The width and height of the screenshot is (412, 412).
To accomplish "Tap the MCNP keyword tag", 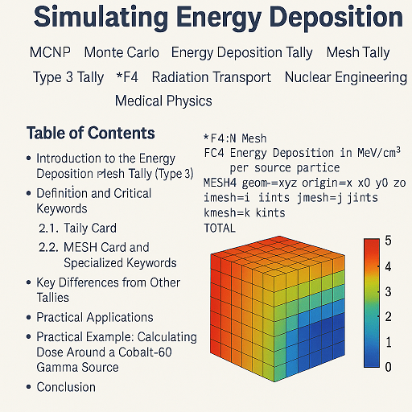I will pyautogui.click(x=50, y=53).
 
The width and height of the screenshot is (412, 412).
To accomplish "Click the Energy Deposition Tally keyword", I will pyautogui.click(x=241, y=53).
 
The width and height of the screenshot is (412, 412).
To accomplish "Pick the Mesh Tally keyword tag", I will pyautogui.click(x=357, y=53).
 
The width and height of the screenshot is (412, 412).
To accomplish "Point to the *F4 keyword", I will pyautogui.click(x=128, y=78).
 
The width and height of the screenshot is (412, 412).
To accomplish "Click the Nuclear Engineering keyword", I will pyautogui.click(x=345, y=78).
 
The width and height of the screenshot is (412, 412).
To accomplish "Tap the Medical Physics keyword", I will pyautogui.click(x=163, y=101).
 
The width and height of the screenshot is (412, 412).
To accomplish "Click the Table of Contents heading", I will pyautogui.click(x=90, y=134).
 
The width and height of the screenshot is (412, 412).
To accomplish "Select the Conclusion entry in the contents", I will pyautogui.click(x=66, y=387).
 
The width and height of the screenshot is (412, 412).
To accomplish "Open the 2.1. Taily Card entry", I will pyautogui.click(x=78, y=229).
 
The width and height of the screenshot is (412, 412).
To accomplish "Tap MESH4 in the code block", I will pyautogui.click(x=221, y=183).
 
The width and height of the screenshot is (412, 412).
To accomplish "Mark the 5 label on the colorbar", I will pyautogui.click(x=388, y=241).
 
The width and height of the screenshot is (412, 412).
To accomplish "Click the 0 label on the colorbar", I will pyautogui.click(x=388, y=367).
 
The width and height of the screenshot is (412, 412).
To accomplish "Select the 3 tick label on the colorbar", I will pyautogui.click(x=388, y=291).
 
